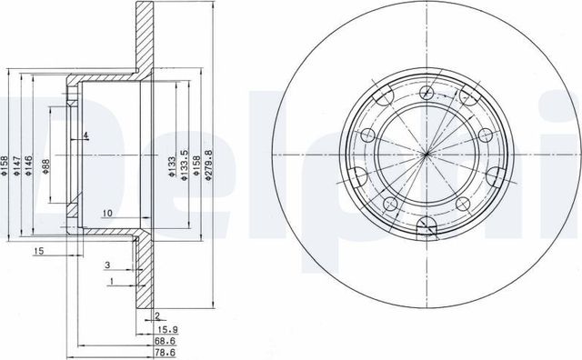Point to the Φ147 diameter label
coord(17,164)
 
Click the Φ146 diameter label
coord(30,164)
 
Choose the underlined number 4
coord(85,136)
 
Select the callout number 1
coord(111,283)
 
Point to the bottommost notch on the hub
coord(425,231)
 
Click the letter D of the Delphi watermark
coord(27,136)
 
